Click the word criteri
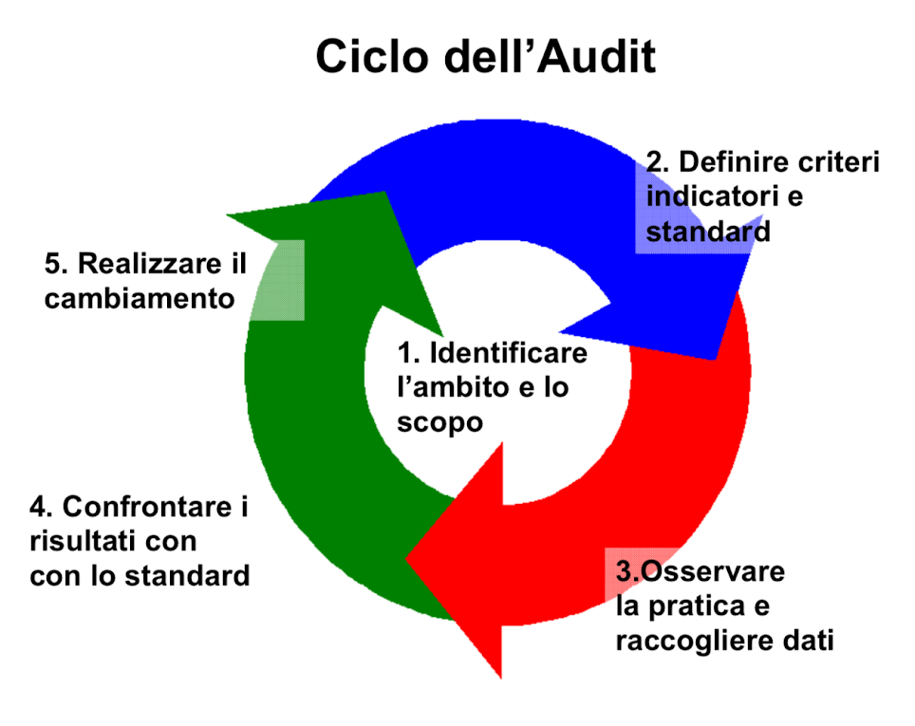click(843, 162)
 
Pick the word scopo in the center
click(439, 421)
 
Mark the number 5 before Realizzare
click(53, 263)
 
